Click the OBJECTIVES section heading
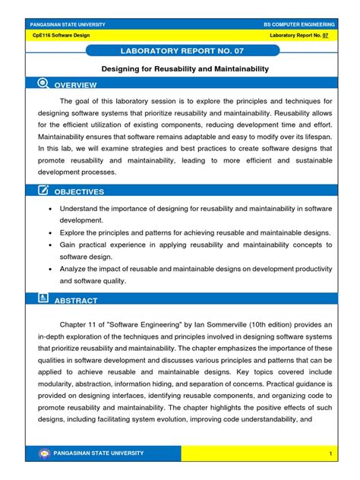coord(80,192)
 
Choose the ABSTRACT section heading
coord(77,301)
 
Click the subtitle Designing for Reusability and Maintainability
coord(180,68)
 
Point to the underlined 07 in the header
coord(325,36)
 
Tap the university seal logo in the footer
coord(43,453)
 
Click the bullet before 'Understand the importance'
coord(50,208)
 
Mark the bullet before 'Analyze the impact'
coord(50,269)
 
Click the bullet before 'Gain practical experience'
coord(50,245)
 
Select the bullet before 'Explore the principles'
coord(50,232)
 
